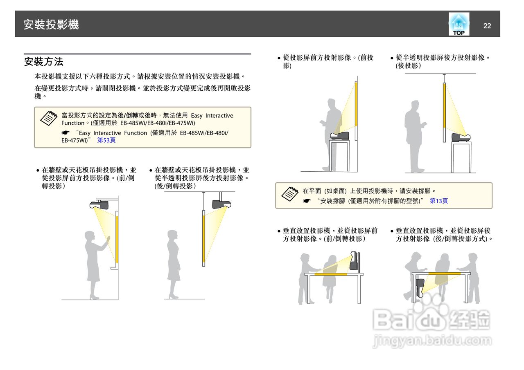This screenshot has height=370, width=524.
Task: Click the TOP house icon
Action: pos(458,24)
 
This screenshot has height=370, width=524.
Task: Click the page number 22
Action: pos(487,26)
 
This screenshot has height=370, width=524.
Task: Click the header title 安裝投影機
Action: pos(51,25)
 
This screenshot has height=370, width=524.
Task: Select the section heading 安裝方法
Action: pos(44,62)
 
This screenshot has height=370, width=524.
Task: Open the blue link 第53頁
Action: pos(106,140)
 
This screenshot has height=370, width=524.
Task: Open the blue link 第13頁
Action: pos(438,201)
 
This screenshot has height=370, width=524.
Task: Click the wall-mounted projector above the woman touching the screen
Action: pos(99,204)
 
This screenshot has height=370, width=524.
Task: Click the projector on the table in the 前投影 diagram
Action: pos(340,136)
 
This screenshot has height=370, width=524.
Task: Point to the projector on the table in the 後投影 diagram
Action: pos(461,137)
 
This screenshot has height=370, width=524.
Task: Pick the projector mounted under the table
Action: pos(419,287)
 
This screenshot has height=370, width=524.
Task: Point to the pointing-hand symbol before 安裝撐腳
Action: pos(307,201)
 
